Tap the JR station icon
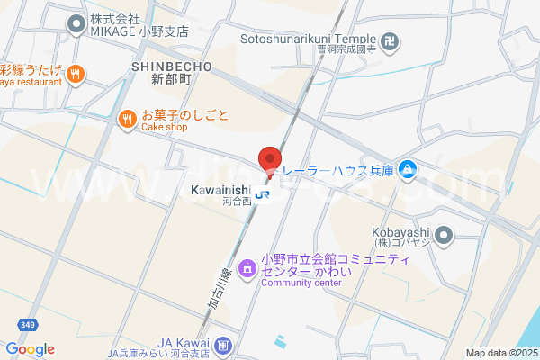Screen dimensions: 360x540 coord(262,193)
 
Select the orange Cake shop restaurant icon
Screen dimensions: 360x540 coord(128,117)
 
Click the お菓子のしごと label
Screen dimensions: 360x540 coord(185,115)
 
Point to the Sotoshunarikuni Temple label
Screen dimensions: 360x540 coord(308,39)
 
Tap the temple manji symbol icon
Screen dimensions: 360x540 coord(390,40)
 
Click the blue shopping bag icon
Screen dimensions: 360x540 coord(408,168)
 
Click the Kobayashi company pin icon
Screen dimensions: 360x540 coord(443,237)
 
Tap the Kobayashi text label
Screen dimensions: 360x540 coord(395,229)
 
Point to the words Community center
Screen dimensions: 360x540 coord(301,283)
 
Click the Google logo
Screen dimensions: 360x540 coord(30,349)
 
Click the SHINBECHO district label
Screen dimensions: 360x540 coord(171,67)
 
